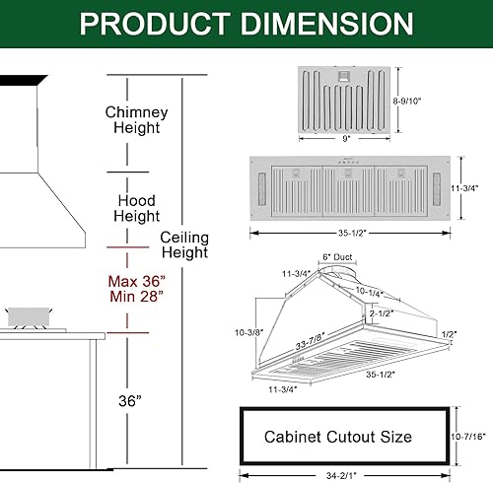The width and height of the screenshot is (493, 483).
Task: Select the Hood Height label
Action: pos(137,209)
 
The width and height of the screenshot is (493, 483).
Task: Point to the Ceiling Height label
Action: pos(183,244)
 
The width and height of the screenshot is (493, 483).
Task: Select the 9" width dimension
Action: pos(345,140)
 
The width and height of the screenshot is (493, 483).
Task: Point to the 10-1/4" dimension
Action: pos(370,293)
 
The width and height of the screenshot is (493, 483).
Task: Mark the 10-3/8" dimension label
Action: pos(250,332)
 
